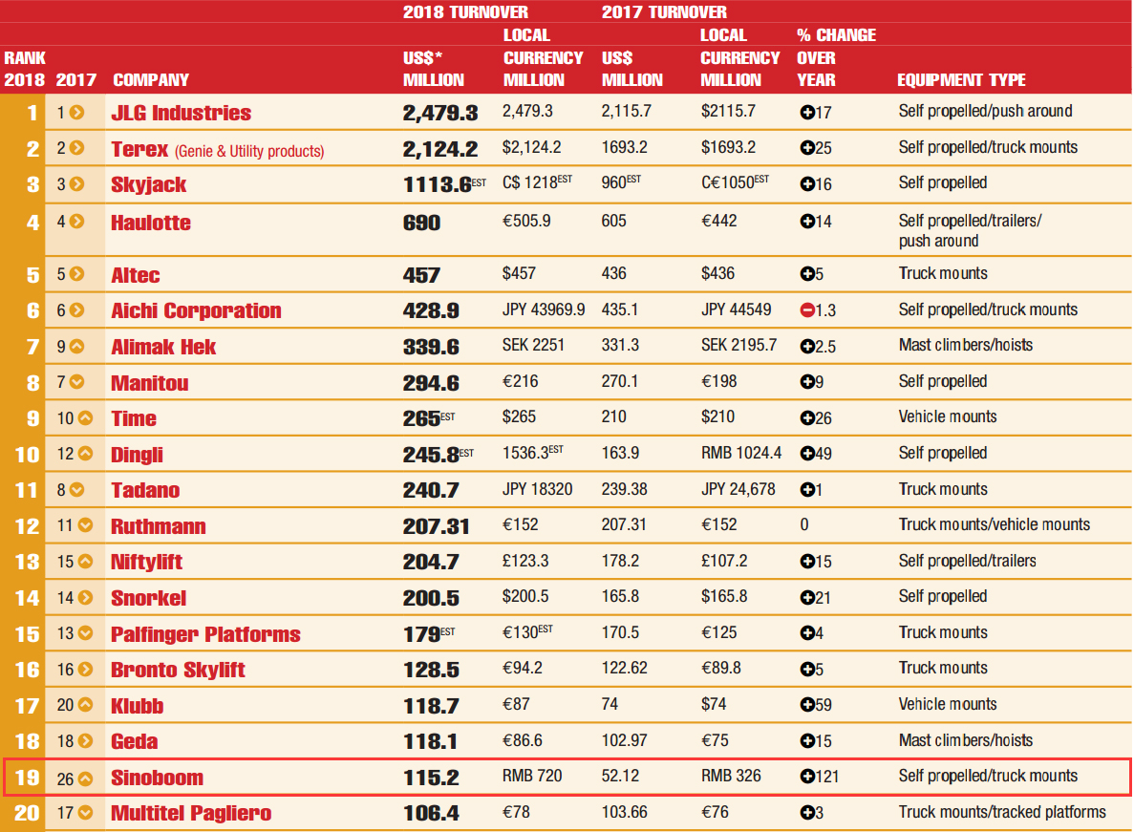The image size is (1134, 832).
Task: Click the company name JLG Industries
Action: [x=181, y=113]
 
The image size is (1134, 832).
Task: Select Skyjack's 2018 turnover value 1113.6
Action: [x=437, y=184]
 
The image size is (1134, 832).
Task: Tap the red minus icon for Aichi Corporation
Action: [x=807, y=309]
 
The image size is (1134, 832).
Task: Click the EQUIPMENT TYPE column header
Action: [x=961, y=80]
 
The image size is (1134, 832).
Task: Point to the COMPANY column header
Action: [x=151, y=80]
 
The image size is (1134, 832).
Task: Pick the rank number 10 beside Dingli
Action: [x=27, y=455]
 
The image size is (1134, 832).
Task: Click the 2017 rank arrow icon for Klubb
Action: [x=85, y=705]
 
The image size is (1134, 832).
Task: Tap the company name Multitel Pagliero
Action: [x=191, y=814]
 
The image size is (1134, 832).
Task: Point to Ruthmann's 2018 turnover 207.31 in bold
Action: [x=438, y=526]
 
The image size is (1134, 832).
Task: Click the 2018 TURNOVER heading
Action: [x=465, y=12]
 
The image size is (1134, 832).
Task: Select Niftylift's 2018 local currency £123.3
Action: [x=525, y=561]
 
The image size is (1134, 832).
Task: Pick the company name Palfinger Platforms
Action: [x=205, y=634]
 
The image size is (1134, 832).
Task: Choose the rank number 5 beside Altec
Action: [x=32, y=275]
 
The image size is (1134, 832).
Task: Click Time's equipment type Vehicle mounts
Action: [x=947, y=416]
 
